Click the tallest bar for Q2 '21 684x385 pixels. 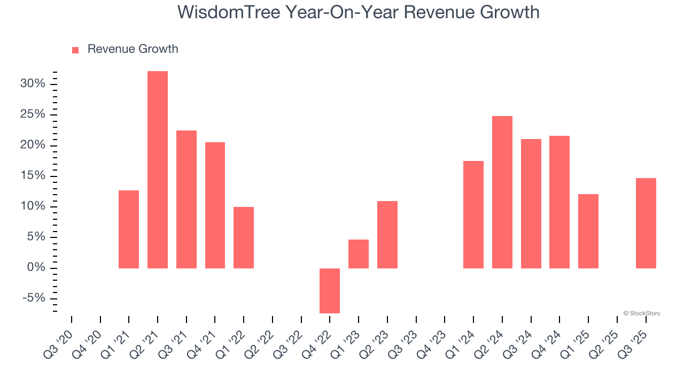click(x=158, y=170)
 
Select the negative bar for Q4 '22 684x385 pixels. click(x=330, y=290)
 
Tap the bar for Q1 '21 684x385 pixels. click(x=129, y=229)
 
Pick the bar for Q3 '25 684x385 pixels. click(x=646, y=223)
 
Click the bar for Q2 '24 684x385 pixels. click(x=502, y=192)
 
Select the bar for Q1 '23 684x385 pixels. click(x=359, y=254)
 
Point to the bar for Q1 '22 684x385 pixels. click(x=244, y=237)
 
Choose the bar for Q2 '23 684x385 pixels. click(x=387, y=235)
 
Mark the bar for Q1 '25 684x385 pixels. click(x=588, y=231)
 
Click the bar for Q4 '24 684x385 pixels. click(x=559, y=202)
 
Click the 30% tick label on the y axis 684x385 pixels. click(x=33, y=84)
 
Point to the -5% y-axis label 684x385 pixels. click(x=34, y=298)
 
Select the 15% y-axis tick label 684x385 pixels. click(x=33, y=176)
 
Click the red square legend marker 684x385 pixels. click(x=75, y=50)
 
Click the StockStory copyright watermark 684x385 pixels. click(x=641, y=313)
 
